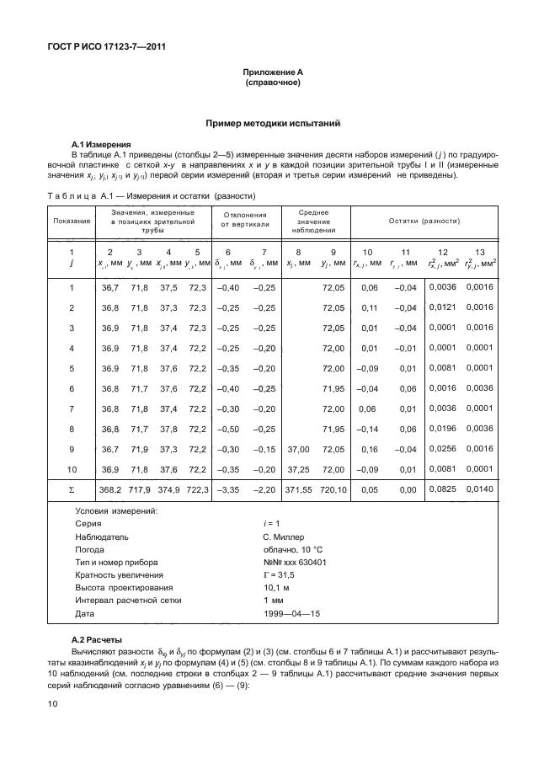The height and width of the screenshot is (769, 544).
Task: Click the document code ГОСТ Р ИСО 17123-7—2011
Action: [105, 47]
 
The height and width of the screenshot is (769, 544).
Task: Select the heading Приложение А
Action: [273, 74]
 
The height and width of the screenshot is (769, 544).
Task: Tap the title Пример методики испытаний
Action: [273, 123]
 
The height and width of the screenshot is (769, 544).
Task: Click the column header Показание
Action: [72, 221]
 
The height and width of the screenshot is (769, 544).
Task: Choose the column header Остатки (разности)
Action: [424, 221]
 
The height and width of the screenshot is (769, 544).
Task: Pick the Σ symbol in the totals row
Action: [72, 488]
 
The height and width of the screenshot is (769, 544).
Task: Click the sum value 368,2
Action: [111, 488]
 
